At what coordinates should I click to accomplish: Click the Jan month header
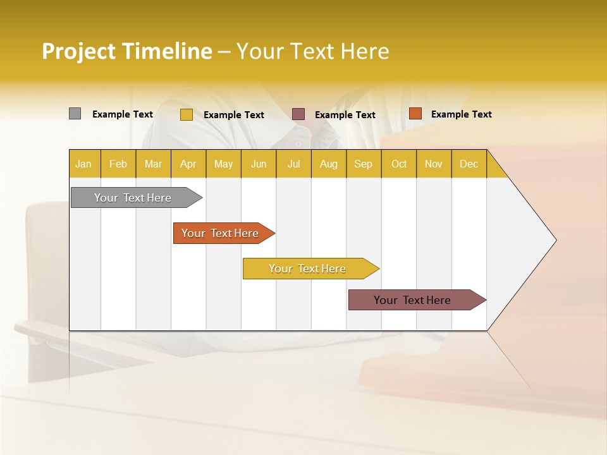[83, 164]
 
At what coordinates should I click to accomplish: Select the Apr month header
[188, 164]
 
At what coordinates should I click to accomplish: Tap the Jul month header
[293, 164]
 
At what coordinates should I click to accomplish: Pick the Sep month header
[363, 164]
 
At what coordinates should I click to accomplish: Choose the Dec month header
[469, 164]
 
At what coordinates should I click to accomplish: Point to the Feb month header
[118, 164]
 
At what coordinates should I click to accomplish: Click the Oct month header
[399, 164]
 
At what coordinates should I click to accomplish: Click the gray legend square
[75, 114]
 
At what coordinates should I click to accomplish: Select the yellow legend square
[186, 114]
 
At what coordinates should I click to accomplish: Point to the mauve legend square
[298, 114]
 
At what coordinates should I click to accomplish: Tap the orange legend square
[415, 114]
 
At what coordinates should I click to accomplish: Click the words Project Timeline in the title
[126, 51]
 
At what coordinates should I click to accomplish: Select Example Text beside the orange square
[461, 114]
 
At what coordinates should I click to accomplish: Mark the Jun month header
[259, 164]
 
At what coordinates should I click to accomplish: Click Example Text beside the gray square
[122, 114]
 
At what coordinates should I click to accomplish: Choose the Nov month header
[434, 164]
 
